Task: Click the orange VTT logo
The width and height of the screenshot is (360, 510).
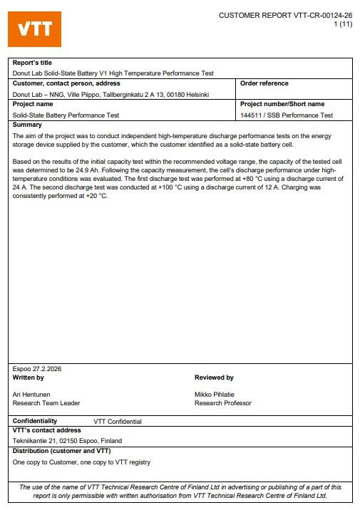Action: point(34,29)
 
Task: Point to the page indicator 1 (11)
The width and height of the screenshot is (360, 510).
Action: point(343,24)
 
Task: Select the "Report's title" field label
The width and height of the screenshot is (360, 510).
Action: point(32,63)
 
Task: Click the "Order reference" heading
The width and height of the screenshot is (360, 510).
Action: point(264,83)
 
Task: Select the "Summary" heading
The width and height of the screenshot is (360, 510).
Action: point(28,125)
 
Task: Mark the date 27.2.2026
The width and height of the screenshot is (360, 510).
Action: point(43,369)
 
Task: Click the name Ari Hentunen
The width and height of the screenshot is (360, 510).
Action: point(32,395)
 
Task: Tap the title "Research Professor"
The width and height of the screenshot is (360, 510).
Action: point(222,403)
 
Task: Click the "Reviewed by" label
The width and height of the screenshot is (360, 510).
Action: point(214,378)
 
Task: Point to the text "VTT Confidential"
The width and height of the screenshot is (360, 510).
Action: point(118,422)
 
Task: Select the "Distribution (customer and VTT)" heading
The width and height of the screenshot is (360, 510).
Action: point(61,451)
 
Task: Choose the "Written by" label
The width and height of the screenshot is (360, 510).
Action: point(29,378)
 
